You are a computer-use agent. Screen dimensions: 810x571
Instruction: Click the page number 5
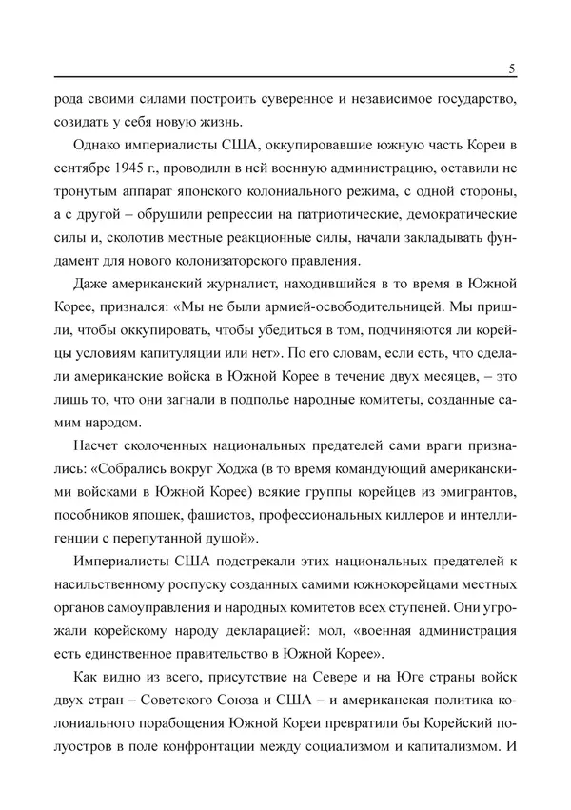tap(512, 68)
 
